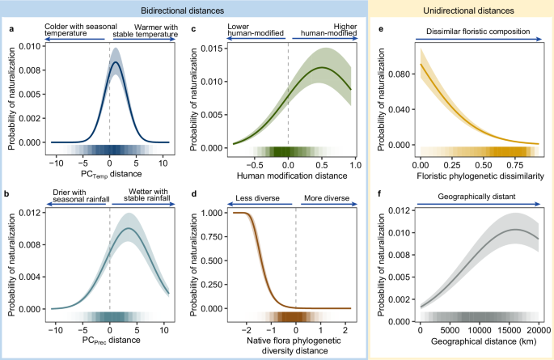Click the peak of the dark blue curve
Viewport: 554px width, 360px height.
click(116, 62)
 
